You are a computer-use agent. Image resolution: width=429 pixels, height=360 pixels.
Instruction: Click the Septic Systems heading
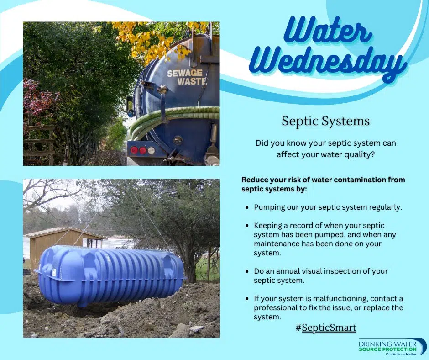325,121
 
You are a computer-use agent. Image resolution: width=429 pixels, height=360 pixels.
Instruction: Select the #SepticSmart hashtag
326,328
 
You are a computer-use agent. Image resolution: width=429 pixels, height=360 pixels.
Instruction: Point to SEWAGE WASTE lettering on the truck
186,77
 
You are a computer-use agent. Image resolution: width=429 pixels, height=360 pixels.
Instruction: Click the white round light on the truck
152,150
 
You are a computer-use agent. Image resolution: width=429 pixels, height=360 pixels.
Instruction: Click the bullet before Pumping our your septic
247,207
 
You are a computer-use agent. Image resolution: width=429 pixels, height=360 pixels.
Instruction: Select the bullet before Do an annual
247,271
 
